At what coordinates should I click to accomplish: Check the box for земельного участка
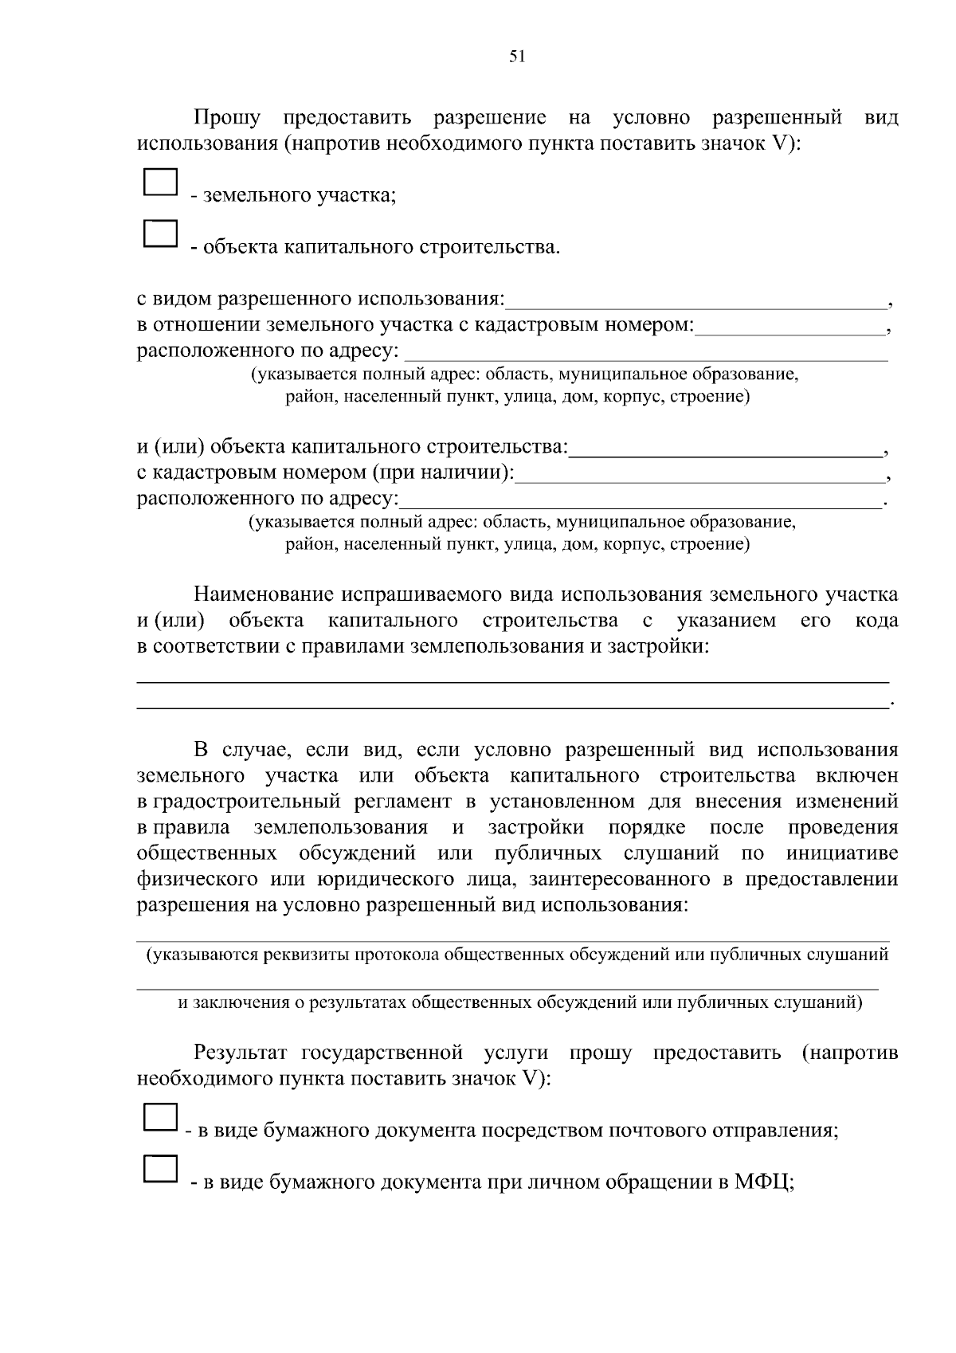pyautogui.click(x=160, y=182)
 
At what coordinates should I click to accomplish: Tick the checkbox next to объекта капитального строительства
pyautogui.click(x=160, y=233)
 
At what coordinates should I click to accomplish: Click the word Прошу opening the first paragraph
pyautogui.click(x=228, y=119)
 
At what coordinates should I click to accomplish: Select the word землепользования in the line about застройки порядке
pyautogui.click(x=341, y=828)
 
